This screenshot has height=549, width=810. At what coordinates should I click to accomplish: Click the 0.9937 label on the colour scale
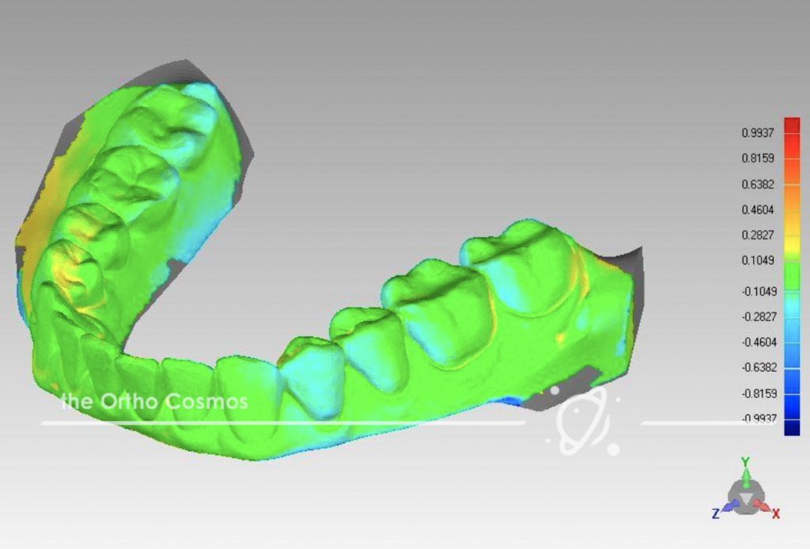coord(758,133)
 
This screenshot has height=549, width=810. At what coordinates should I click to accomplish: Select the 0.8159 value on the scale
coord(758,158)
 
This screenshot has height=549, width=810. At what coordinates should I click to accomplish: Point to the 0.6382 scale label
coord(758,184)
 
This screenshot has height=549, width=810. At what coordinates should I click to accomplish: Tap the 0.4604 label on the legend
coord(758,210)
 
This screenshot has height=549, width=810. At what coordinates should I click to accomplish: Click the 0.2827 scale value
coord(758,236)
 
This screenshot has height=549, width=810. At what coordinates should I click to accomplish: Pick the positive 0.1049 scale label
coord(758,261)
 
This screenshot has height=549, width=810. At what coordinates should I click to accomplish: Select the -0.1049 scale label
coord(757,290)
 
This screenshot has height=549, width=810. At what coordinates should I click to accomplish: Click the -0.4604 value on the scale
coord(757,342)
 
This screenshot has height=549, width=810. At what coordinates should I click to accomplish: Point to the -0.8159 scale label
coord(757,393)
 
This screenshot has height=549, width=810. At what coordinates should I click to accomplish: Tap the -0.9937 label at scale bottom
coord(757,418)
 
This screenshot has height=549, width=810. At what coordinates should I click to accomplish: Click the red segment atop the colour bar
coord(791,127)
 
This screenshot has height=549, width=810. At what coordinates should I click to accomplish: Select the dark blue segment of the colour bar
coord(791,427)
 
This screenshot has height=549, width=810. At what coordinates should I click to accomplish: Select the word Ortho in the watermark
coord(130,402)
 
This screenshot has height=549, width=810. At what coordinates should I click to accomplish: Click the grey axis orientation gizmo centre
coord(744,497)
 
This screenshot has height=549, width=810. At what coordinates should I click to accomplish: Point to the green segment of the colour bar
coord(791,276)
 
